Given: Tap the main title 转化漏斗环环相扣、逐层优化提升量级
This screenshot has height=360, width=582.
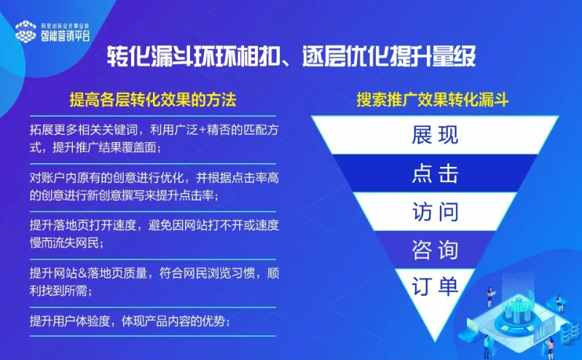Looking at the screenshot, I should tap(291, 57).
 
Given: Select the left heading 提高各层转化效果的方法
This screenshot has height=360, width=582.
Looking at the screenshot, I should tap(152, 99).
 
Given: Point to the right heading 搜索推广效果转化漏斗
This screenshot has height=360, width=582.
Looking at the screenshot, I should tap(433, 99).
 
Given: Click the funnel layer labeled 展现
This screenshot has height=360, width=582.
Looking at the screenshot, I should tap(435, 136).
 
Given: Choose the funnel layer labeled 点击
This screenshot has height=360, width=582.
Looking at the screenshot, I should tap(435, 174).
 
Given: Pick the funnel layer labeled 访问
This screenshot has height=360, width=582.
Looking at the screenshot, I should tap(435, 212).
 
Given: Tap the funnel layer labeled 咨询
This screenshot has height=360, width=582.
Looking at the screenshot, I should tap(435, 250).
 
